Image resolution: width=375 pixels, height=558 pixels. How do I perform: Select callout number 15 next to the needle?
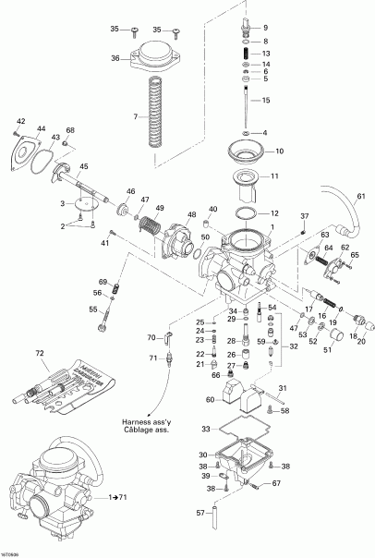point(266,100)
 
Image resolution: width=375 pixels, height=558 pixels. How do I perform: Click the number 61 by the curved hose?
point(361,197)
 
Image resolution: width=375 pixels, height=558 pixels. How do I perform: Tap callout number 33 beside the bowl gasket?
point(205,429)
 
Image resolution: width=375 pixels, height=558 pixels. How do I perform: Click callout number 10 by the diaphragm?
point(280,151)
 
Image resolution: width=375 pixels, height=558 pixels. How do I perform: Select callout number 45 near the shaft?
point(83,166)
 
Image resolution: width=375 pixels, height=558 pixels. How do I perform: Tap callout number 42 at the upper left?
point(20,121)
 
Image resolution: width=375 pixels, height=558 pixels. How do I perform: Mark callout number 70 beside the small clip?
point(151,338)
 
